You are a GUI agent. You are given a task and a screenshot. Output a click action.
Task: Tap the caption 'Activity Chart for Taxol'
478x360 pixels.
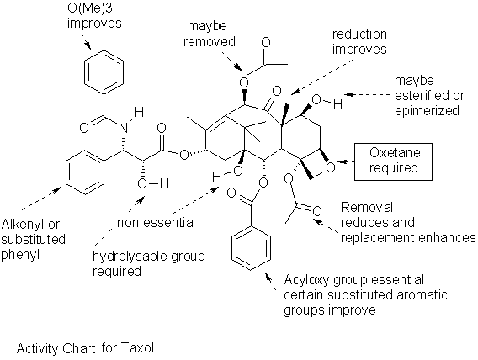(x=85, y=346)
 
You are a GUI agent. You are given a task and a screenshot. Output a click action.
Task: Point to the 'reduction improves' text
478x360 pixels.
(x=359, y=42)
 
